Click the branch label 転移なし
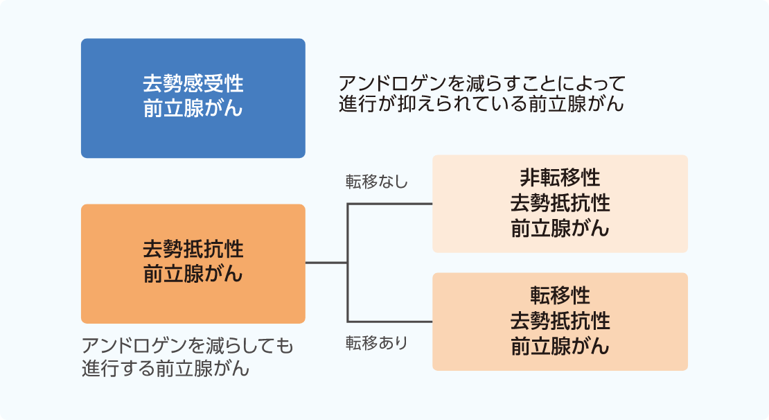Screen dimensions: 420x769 [377, 182]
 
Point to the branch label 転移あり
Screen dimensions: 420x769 [377, 342]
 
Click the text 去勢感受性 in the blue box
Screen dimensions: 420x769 [193, 84]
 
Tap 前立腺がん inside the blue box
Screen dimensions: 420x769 [193, 109]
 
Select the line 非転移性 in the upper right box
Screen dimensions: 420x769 [560, 178]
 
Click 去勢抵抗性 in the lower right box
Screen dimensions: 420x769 [560, 321]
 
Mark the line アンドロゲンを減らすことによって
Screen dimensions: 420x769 [482, 84]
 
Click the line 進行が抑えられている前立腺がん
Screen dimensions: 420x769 [482, 105]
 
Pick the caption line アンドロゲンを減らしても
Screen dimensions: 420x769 [187, 345]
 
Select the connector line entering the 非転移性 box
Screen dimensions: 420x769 [389, 204]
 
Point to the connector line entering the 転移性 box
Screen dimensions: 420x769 [389, 322]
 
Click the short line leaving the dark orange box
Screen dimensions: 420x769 [326, 263]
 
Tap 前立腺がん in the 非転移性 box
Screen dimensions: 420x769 [560, 229]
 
